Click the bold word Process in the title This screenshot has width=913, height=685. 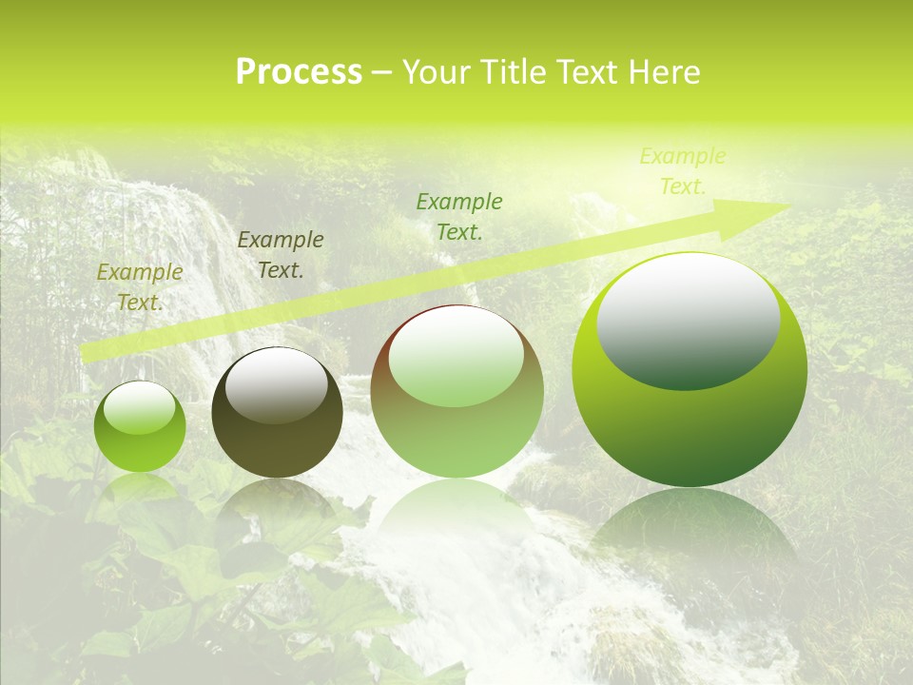299,72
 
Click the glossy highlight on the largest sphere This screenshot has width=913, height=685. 688,319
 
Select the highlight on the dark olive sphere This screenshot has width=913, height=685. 276,385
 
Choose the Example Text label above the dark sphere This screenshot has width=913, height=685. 281,255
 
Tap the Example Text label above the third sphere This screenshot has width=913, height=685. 459,216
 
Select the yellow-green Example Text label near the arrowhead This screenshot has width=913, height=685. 682,171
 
